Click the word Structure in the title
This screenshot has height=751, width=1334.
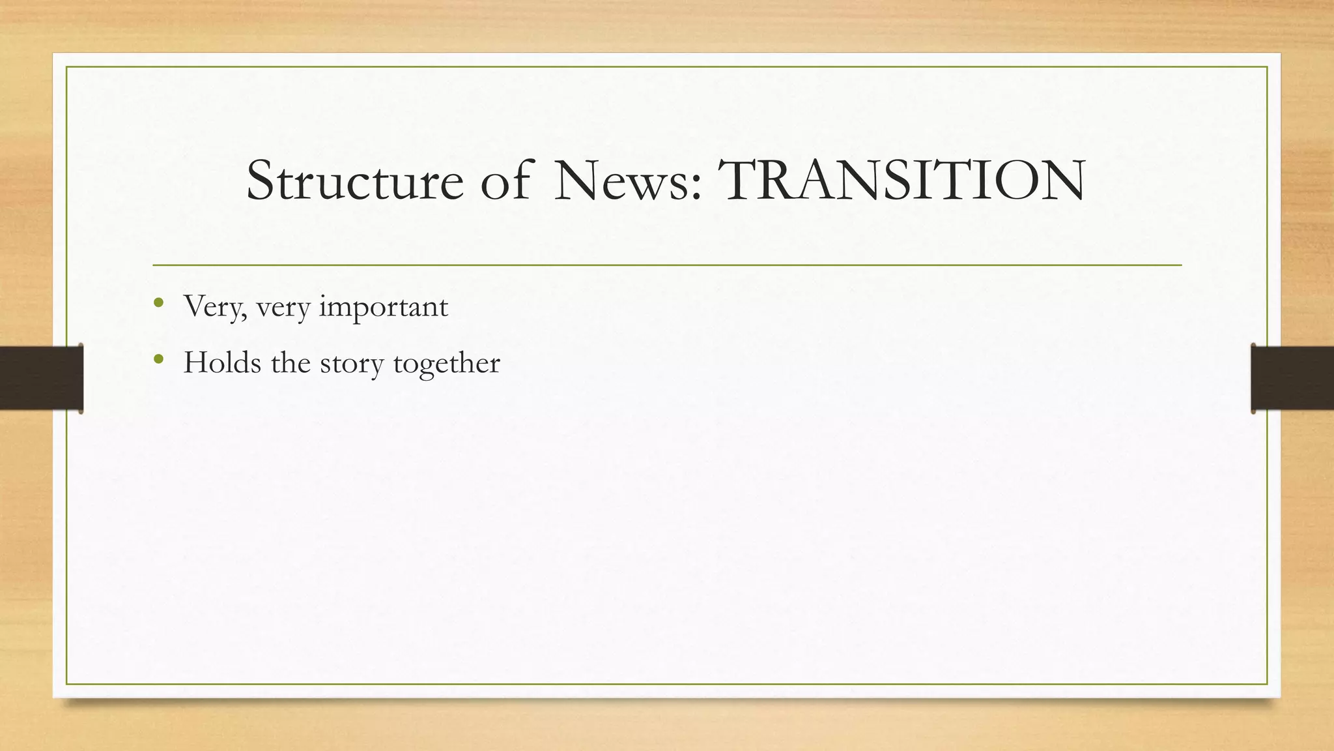coord(355,181)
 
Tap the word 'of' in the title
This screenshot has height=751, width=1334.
coord(505,181)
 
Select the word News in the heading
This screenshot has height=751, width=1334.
coord(621,181)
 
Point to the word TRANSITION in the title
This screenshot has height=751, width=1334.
coord(901,181)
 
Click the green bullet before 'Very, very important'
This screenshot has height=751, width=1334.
coord(158,302)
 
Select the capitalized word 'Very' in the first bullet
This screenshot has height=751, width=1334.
coord(212,306)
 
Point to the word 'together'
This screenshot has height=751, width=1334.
coord(447,364)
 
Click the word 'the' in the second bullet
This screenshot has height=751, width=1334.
coord(291,362)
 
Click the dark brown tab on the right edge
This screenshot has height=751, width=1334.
coord(1292,378)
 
